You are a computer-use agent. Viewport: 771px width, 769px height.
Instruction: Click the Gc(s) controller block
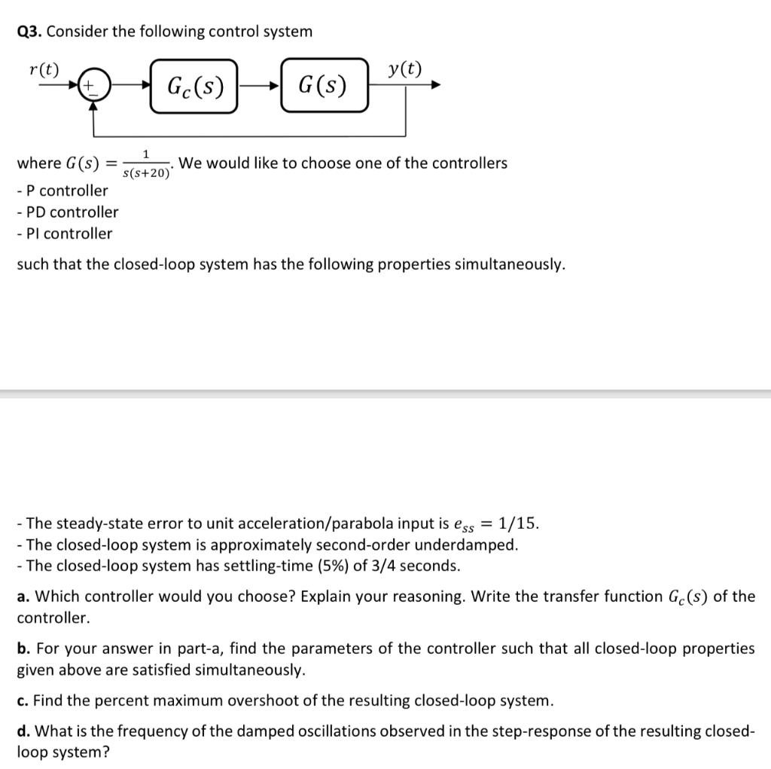(x=194, y=86)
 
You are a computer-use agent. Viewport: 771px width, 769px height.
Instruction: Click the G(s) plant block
(x=325, y=86)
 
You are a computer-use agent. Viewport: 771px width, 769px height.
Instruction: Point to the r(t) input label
(x=43, y=70)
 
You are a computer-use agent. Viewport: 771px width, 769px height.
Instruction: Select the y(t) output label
(x=405, y=70)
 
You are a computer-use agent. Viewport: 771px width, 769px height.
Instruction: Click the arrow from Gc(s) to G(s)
(x=259, y=87)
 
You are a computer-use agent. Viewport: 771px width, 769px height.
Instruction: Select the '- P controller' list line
(x=62, y=191)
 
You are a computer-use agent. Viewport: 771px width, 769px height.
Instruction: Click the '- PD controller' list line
(x=67, y=212)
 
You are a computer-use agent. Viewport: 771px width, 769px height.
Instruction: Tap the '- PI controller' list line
(x=64, y=233)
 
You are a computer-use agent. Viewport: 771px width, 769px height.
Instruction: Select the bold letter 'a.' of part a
(x=23, y=597)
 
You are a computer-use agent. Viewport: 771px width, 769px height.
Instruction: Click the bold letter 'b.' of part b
(x=24, y=648)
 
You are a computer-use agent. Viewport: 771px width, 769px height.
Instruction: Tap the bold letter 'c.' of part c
(x=23, y=700)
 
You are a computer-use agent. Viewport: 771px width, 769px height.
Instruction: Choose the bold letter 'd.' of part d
(x=24, y=731)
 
